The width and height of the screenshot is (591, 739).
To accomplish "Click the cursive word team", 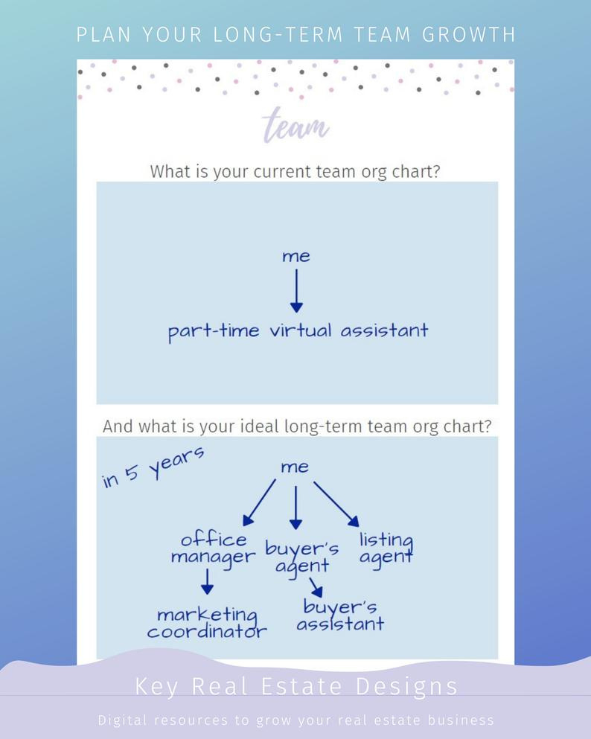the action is [x=295, y=125].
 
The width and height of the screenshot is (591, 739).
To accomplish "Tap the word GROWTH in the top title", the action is [x=469, y=35].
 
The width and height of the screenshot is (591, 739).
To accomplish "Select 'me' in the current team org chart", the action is [x=296, y=257].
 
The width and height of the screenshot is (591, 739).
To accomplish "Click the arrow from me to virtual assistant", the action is [x=296, y=291].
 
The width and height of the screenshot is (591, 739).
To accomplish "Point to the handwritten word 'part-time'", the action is [x=214, y=331].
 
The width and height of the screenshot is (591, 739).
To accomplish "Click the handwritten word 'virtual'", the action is [x=301, y=330].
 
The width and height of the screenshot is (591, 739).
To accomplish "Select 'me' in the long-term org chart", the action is [x=295, y=467].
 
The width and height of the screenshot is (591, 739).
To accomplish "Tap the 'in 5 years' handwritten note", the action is [x=153, y=467].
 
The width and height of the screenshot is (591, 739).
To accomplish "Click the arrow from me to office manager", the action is [x=259, y=502].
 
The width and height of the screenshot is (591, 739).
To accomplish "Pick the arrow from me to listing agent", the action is [x=336, y=504].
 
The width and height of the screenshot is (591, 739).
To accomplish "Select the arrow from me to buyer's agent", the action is [x=295, y=508].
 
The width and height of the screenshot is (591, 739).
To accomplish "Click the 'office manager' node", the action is [x=213, y=548].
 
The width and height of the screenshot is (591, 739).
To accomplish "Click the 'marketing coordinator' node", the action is [x=207, y=623].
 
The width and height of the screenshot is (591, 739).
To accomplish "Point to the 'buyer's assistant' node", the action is [x=340, y=615].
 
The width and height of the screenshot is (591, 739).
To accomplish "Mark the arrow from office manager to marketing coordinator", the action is [x=207, y=581].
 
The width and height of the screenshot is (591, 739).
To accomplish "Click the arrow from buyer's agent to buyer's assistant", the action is [x=316, y=588].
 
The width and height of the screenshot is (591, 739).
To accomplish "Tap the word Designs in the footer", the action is [x=406, y=687].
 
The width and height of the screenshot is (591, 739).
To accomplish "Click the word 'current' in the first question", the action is [x=282, y=172].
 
